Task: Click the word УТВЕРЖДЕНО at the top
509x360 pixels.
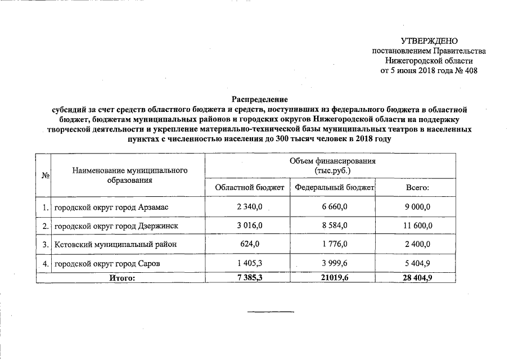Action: coord(429,41)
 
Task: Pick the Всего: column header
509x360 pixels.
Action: coord(417,187)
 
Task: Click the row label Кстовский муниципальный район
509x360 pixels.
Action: coord(115,244)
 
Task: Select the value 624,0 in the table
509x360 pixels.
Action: coord(250,244)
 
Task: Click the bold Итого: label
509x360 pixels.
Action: coord(121,277)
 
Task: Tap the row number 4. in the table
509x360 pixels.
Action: coord(44,263)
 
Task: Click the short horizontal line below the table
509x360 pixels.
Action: coord(271,311)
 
